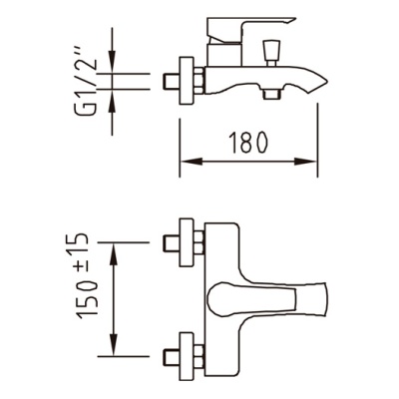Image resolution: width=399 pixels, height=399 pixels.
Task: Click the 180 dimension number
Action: pyautogui.click(x=248, y=143)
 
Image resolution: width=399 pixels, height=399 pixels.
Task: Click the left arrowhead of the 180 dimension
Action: pyautogui.click(x=193, y=162)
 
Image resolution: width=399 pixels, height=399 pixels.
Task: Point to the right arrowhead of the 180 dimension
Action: pyautogui.click(x=305, y=162)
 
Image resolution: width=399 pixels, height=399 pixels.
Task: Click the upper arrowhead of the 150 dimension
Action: pyautogui.click(x=114, y=254)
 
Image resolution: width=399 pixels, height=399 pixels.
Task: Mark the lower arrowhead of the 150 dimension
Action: pyautogui.click(x=114, y=344)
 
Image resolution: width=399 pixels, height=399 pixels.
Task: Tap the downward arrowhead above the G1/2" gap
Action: pyautogui.click(x=113, y=62)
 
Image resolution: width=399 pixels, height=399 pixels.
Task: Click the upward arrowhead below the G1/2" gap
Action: pyautogui.click(x=113, y=101)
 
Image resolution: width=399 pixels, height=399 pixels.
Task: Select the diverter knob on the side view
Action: pyautogui.click(x=271, y=53)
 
